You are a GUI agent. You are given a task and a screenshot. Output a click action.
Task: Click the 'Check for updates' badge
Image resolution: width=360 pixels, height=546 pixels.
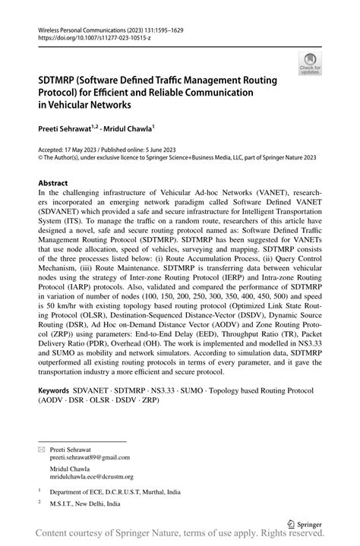pos(310,64)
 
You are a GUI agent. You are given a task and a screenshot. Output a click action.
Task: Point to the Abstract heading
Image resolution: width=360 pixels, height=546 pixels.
pos(53,183)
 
